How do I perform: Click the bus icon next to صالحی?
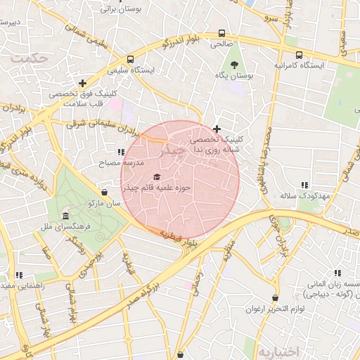point(222,33)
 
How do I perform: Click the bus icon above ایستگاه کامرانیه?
point(300,55)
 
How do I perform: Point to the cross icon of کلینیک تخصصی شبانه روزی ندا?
point(217,129)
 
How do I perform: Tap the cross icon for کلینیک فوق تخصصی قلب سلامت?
point(83,83)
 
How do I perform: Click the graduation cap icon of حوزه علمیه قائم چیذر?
point(156,176)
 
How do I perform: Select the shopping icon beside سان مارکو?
point(105,191)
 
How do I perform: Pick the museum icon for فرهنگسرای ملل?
point(65,215)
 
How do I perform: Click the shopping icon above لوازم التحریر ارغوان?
point(275,297)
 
